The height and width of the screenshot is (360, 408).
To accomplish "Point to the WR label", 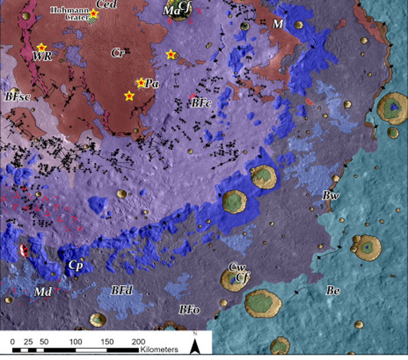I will point(43,56).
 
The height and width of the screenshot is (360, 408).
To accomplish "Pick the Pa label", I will point(152,83).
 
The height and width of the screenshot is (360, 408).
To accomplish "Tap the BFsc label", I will point(18,96).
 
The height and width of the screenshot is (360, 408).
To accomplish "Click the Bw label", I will point(329,195).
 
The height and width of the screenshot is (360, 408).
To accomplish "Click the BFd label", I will point(120,291).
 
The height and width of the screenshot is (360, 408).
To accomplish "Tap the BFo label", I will point(189,309).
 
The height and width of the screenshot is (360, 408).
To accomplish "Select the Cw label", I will point(237,267).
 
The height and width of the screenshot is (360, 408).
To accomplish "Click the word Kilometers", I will point(159,350).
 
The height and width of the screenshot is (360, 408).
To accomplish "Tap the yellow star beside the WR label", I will point(41,47).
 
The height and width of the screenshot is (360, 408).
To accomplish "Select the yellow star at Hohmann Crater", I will point(94,13).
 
